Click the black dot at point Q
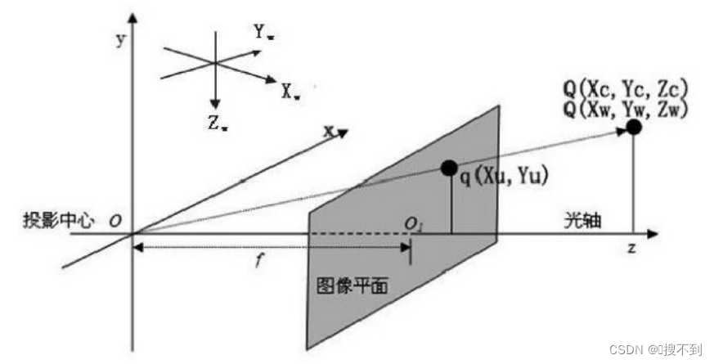tap(633, 127)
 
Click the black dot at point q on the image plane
tap(448, 168)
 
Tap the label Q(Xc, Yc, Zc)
tap(631, 88)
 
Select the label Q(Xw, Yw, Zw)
tap(631, 107)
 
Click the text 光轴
tap(578, 221)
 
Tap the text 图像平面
tap(353, 286)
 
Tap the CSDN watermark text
tap(660, 349)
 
